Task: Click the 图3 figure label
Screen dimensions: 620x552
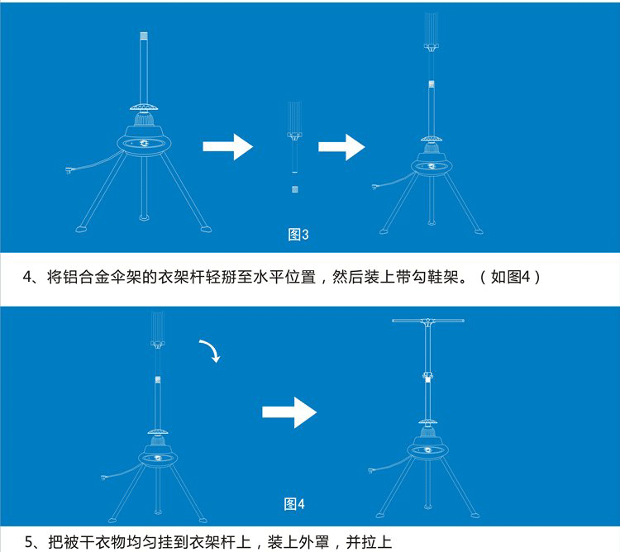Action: [298, 235]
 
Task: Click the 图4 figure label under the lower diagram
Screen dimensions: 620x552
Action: [294, 503]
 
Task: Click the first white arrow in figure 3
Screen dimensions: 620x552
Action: [227, 149]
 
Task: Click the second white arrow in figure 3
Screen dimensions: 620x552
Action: [341, 149]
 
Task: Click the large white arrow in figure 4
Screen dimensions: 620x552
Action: [289, 411]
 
